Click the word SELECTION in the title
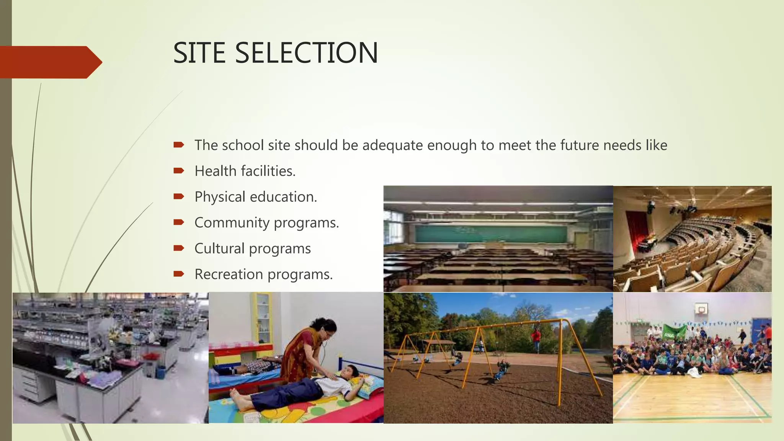306,53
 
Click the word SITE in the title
199,53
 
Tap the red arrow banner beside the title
50,62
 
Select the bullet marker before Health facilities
179,171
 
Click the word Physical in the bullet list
220,197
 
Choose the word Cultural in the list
219,248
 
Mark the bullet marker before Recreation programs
179,274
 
